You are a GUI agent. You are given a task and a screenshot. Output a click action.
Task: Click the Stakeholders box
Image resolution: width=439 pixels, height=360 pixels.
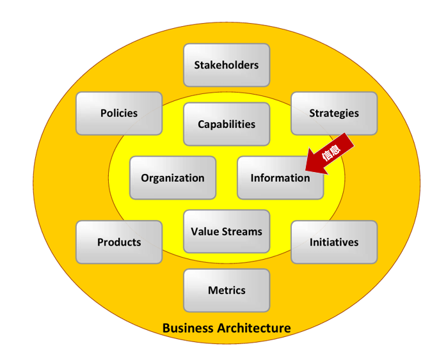pos(227,65)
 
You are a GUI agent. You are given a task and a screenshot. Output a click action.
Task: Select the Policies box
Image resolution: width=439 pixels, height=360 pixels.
pos(119,113)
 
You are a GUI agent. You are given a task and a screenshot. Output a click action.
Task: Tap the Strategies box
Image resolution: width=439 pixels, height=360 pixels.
pos(334,113)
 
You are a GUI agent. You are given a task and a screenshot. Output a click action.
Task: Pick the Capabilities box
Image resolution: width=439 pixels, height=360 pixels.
pos(227,124)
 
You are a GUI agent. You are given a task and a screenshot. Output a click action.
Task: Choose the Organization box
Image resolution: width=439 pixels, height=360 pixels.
pos(173,178)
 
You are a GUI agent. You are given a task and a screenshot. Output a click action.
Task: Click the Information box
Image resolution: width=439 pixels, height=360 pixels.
pos(280,178)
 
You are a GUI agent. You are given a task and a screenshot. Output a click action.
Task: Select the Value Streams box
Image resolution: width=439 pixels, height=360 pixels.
pos(227,231)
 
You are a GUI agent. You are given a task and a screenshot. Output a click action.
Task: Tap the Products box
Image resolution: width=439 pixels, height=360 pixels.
pos(119,242)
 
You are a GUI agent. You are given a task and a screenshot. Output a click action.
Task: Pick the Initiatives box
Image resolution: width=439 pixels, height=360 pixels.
pos(334,242)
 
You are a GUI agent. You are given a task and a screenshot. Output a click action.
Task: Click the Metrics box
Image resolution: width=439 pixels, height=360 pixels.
pos(227,290)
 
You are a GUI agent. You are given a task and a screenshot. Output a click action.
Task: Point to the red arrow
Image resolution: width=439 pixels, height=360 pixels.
pos(329,154)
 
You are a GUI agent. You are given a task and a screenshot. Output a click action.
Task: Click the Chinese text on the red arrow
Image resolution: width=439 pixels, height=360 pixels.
pos(331,153)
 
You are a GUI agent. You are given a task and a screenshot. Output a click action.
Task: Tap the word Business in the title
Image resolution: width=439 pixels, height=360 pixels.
pos(188,328)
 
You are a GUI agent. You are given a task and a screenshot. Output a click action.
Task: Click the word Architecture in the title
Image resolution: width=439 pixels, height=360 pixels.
pos(254,328)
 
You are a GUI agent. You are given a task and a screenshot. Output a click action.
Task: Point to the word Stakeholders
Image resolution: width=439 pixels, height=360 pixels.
pos(227,65)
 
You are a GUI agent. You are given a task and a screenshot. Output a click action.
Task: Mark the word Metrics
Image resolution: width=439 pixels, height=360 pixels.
pos(227,290)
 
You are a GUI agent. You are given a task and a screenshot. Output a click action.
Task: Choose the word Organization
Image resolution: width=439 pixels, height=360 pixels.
pos(173,178)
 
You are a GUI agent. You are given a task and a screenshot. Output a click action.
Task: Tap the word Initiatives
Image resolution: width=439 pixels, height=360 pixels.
pos(334,242)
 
